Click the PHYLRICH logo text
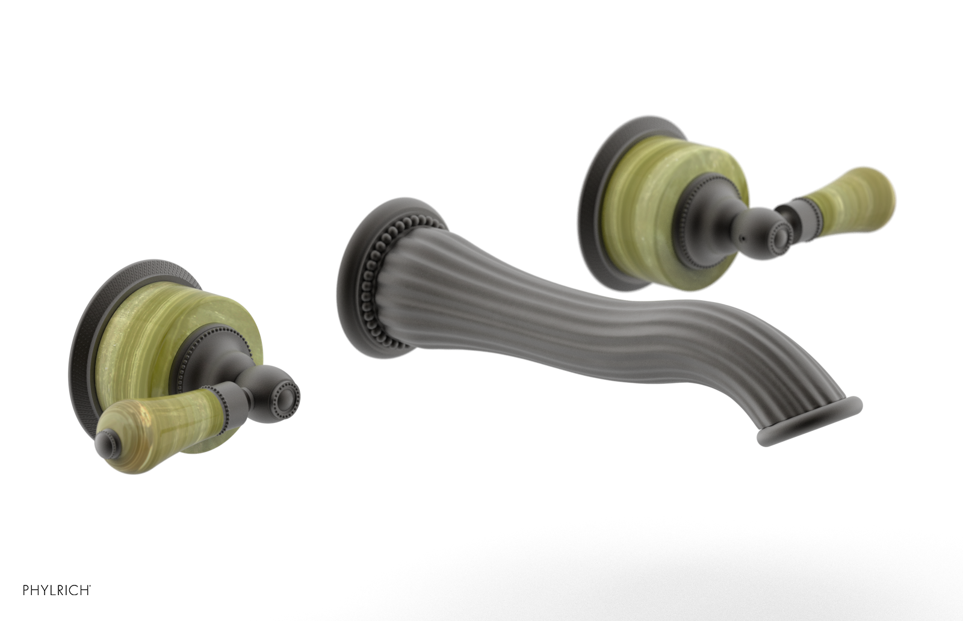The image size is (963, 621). point(57,590)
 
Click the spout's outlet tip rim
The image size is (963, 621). point(810,422)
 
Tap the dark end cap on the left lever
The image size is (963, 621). point(105,440)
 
